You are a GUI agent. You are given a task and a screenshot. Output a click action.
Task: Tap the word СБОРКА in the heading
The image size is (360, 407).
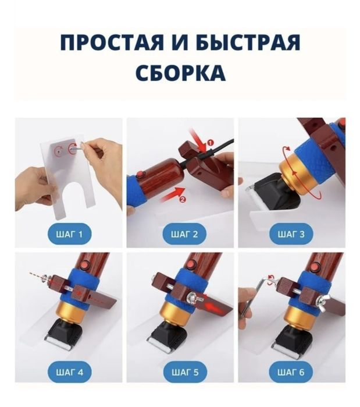click(x=180, y=73)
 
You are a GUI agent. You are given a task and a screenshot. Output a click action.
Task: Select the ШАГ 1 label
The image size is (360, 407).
click(x=69, y=235)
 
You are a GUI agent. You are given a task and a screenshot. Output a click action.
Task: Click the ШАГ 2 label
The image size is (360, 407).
click(x=180, y=235)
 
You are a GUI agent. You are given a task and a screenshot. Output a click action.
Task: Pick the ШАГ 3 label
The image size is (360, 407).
click(x=291, y=235)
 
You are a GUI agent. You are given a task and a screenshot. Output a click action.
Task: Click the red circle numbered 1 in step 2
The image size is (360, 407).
click(x=210, y=141)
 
